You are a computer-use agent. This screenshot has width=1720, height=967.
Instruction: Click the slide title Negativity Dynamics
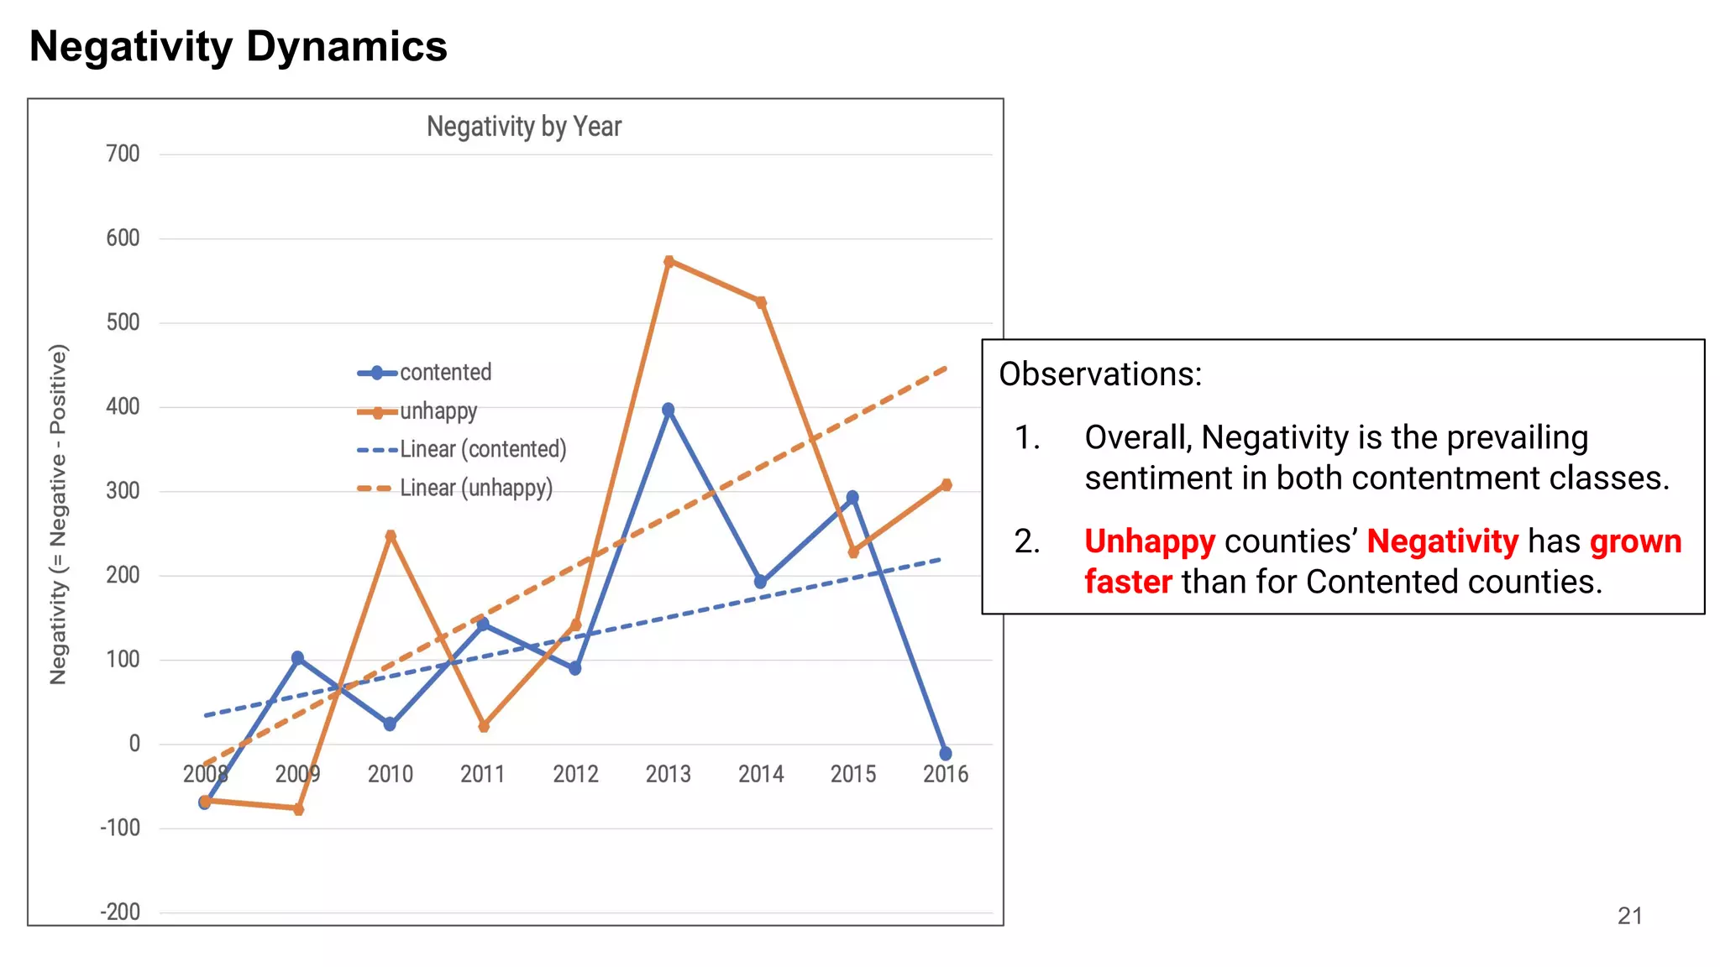click(239, 46)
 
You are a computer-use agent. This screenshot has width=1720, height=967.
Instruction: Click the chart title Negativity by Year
click(524, 127)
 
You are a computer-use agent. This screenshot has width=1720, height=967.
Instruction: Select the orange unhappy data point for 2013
click(669, 261)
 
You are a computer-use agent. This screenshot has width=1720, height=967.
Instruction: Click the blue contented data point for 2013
click(668, 410)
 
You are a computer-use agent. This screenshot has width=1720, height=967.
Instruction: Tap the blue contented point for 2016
click(945, 754)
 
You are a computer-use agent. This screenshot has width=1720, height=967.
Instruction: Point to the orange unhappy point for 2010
click(391, 535)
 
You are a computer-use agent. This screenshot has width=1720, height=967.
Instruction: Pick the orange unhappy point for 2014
click(761, 302)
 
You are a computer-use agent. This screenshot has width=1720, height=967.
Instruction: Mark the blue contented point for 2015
click(852, 498)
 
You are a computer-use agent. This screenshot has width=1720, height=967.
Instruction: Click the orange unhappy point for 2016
click(947, 484)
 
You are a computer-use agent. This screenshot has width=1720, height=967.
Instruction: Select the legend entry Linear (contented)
click(483, 450)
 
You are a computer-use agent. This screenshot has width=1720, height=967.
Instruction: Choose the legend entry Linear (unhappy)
click(476, 489)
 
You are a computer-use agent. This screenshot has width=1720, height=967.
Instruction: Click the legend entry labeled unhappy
click(438, 411)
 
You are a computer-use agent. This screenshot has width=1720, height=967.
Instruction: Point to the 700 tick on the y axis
click(123, 154)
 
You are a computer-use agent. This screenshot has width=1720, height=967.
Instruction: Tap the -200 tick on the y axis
click(120, 912)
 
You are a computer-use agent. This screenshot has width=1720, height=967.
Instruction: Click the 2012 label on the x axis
click(575, 774)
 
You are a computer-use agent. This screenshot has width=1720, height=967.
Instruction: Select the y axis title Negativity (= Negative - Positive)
click(58, 514)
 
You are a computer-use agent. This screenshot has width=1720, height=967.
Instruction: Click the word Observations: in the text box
click(1099, 374)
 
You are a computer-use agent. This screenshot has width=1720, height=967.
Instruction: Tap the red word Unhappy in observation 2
click(1149, 541)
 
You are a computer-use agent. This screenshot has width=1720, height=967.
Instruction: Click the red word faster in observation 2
click(1127, 582)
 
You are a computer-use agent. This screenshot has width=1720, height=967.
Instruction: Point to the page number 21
click(1629, 916)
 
